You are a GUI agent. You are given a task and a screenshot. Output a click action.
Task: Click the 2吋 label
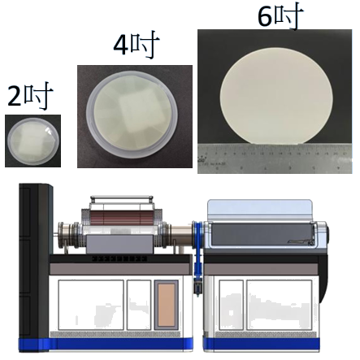(30, 96)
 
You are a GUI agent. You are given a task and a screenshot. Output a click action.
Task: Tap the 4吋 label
(136, 45)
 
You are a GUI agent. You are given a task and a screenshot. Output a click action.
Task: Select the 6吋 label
(280, 15)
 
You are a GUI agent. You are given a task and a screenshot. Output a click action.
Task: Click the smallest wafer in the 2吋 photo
(33, 141)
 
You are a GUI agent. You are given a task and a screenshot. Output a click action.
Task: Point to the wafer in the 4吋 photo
(132, 115)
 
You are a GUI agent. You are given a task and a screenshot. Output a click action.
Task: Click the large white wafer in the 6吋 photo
(276, 96)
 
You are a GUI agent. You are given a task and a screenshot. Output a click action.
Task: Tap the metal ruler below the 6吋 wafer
(275, 158)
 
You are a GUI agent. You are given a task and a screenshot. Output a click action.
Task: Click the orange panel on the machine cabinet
(167, 305)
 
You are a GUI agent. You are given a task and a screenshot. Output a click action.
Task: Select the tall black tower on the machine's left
(35, 267)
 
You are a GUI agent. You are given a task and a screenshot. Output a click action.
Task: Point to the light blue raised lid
(260, 210)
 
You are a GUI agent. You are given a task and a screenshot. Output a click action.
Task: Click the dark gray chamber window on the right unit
(262, 234)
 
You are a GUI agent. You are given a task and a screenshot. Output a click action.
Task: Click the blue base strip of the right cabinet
(262, 344)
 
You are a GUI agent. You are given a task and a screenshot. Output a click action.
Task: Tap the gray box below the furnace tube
(119, 245)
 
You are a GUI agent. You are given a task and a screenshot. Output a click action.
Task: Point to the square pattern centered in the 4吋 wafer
(132, 112)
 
